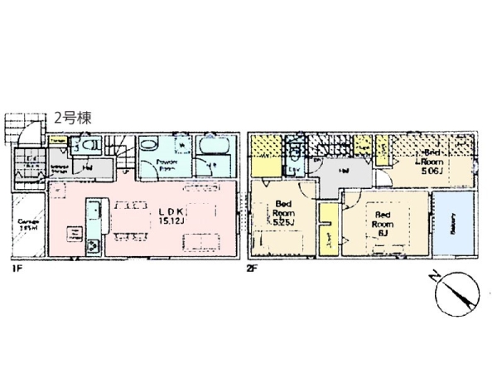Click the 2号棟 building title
click(73, 119)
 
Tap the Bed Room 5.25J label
click(283, 213)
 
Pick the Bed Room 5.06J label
click(432, 162)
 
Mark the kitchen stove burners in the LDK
click(93, 245)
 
